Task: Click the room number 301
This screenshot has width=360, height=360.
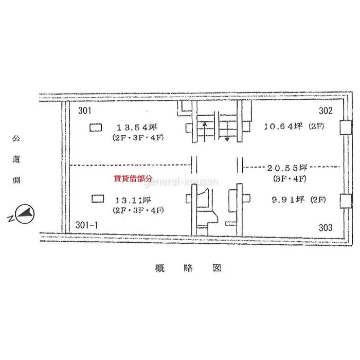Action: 85,111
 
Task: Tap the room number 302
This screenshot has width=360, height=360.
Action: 326,111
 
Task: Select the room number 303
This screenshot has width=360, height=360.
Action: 326,228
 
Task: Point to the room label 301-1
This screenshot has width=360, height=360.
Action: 86,225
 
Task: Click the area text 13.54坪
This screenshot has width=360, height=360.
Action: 137,127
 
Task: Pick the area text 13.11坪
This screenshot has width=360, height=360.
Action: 133,201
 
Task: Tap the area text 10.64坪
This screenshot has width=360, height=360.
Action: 283,126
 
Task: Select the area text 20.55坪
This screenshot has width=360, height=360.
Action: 287,168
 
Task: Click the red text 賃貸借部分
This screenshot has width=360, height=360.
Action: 133,178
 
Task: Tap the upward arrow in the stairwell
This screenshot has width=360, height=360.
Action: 204,132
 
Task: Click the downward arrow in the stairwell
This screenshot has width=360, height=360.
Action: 227,131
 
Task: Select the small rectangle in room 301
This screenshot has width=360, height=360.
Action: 96,128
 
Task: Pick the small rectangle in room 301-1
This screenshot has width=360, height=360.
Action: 98,199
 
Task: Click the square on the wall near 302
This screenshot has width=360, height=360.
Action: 346,128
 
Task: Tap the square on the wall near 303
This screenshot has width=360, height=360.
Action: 346,201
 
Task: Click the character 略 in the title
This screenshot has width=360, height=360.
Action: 188,268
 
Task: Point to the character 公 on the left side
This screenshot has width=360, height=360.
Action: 16,138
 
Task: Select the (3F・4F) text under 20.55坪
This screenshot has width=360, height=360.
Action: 290,178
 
